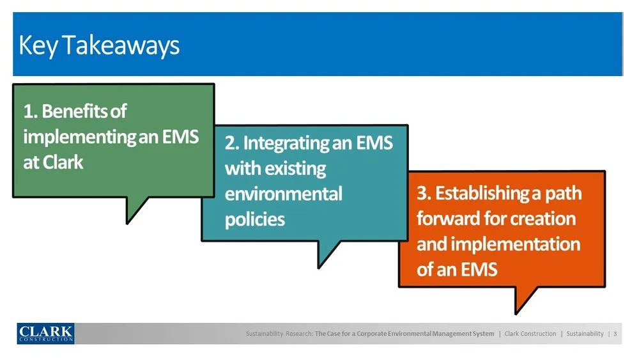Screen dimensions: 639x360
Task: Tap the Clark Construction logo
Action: click(x=45, y=333)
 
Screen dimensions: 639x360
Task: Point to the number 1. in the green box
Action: click(x=31, y=111)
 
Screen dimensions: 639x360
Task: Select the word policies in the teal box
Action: click(x=254, y=219)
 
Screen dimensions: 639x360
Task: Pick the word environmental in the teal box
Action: click(x=283, y=193)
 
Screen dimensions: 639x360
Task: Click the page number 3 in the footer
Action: click(x=615, y=334)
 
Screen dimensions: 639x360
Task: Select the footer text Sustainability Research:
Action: click(x=279, y=334)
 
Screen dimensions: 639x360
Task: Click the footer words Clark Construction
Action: click(x=530, y=334)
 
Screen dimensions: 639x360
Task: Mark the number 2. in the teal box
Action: click(x=232, y=143)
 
